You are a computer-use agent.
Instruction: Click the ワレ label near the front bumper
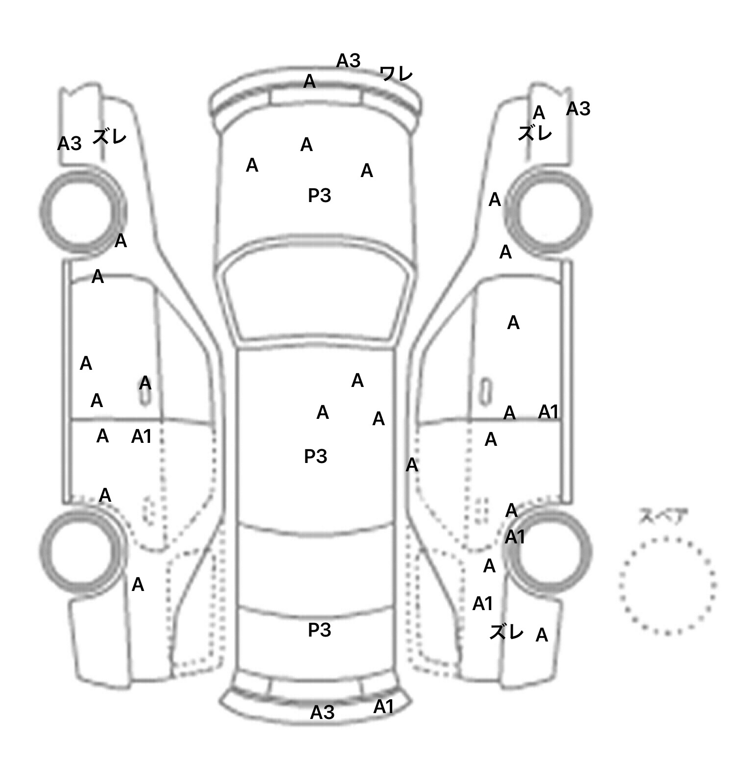(x=396, y=75)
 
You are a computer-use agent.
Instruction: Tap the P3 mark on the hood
(x=319, y=196)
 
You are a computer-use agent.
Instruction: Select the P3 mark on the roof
(x=315, y=457)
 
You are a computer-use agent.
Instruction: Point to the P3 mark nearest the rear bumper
(x=319, y=630)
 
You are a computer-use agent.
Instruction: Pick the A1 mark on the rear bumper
(x=383, y=707)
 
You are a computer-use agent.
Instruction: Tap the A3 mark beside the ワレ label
(x=348, y=61)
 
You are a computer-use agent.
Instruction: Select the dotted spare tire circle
(x=667, y=585)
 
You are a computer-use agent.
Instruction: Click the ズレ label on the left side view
(x=109, y=137)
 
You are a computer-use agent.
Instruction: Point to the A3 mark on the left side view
(x=69, y=144)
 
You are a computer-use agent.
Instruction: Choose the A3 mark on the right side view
(x=578, y=109)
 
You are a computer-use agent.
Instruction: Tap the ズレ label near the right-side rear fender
(x=506, y=633)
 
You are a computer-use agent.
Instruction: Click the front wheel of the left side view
(x=82, y=211)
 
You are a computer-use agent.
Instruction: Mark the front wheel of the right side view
(x=549, y=212)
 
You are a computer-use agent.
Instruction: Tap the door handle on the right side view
(x=485, y=391)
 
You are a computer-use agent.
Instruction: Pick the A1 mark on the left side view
(x=141, y=436)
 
